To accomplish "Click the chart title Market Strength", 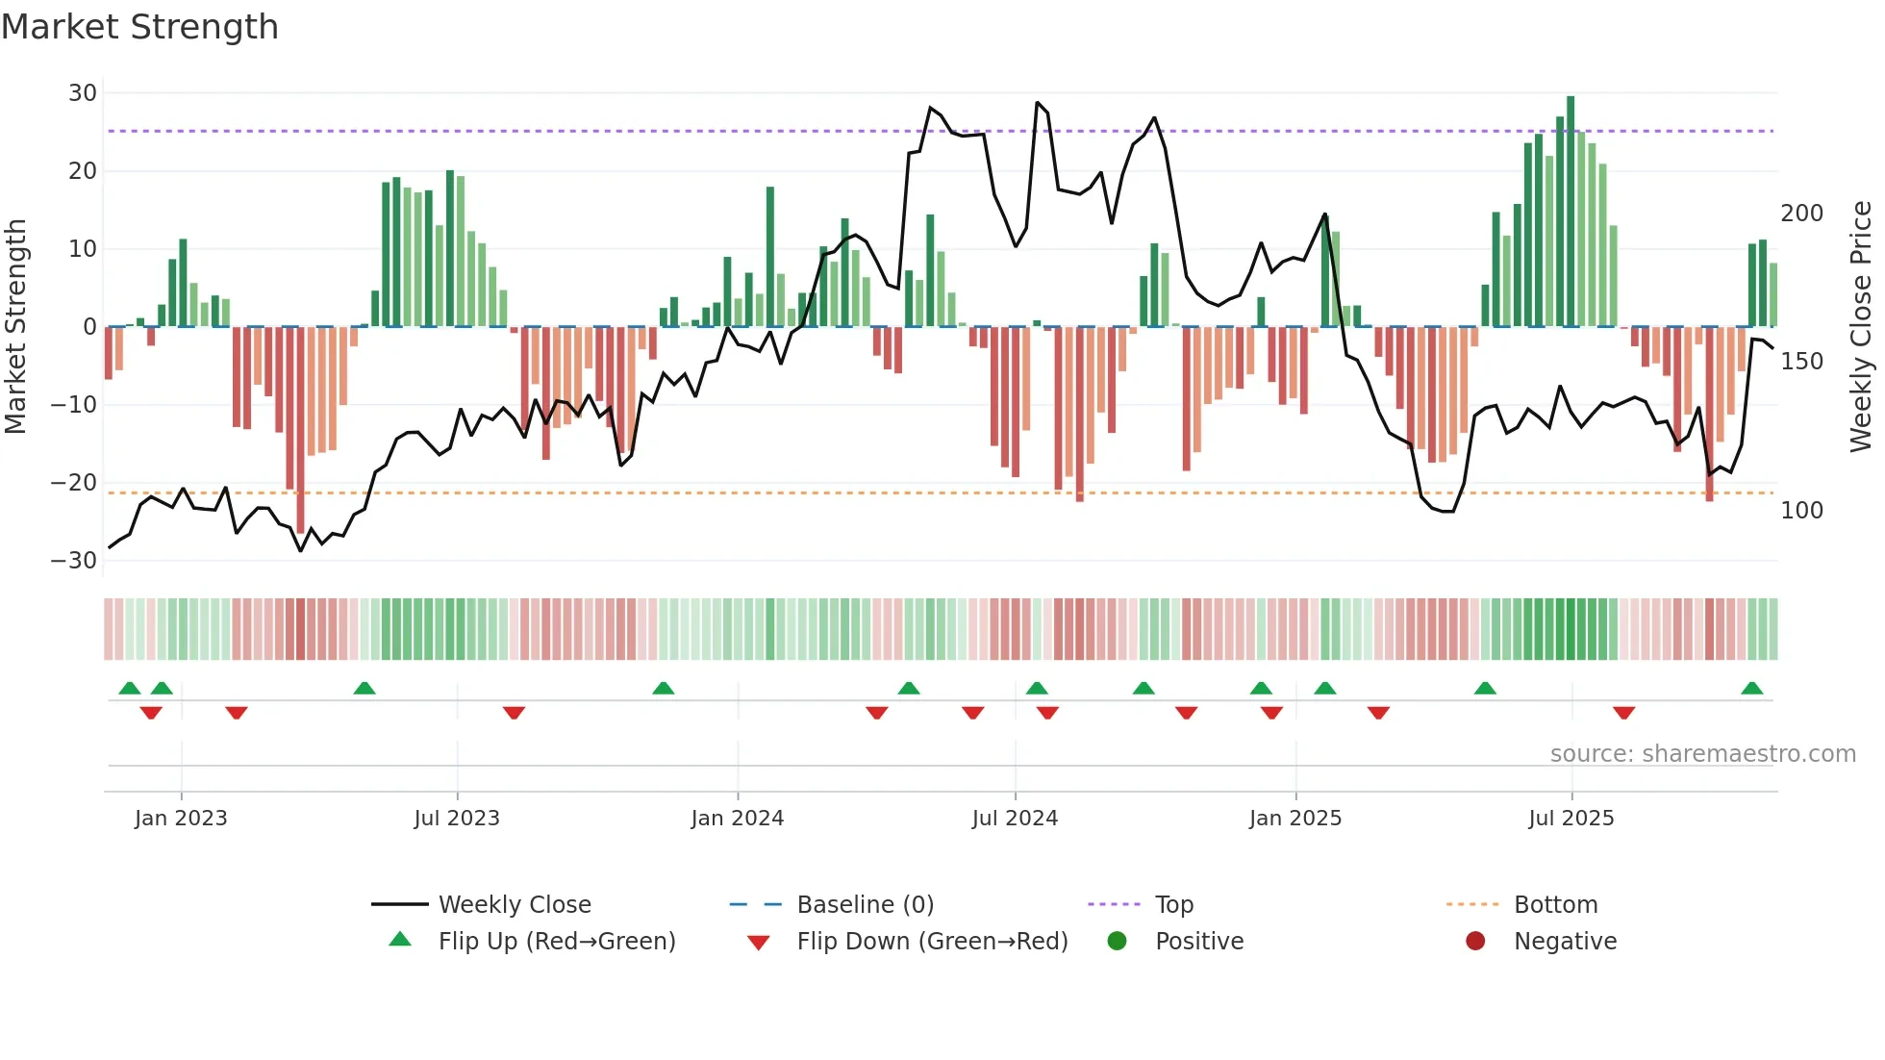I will (x=139, y=27).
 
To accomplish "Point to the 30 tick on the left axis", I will (x=83, y=93).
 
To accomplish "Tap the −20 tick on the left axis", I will (x=75, y=483).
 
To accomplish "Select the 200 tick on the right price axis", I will (x=1801, y=214).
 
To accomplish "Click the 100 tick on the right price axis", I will (x=1801, y=511).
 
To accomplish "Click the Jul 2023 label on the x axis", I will (x=457, y=819).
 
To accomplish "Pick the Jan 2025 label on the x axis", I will (x=1294, y=819).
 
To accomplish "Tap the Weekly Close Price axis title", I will (x=1861, y=327).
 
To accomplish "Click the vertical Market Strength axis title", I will (x=16, y=327).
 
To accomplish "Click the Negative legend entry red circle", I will (x=1475, y=942).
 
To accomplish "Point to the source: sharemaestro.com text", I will (x=1702, y=754).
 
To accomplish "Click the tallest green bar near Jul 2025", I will (x=1571, y=212).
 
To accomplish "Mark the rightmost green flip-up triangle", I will (x=1751, y=689).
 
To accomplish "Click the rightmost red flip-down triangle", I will (x=1624, y=713).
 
